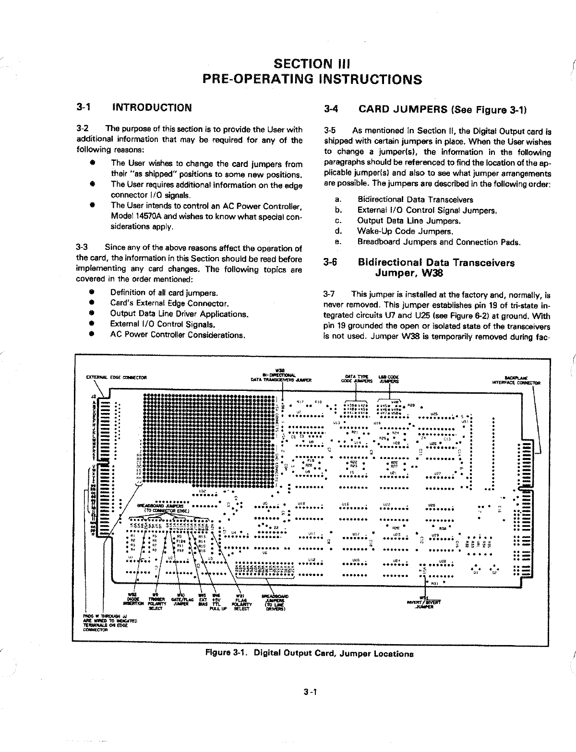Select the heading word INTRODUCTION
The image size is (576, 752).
(x=152, y=107)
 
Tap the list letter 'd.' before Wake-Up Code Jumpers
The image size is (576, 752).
(x=338, y=231)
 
